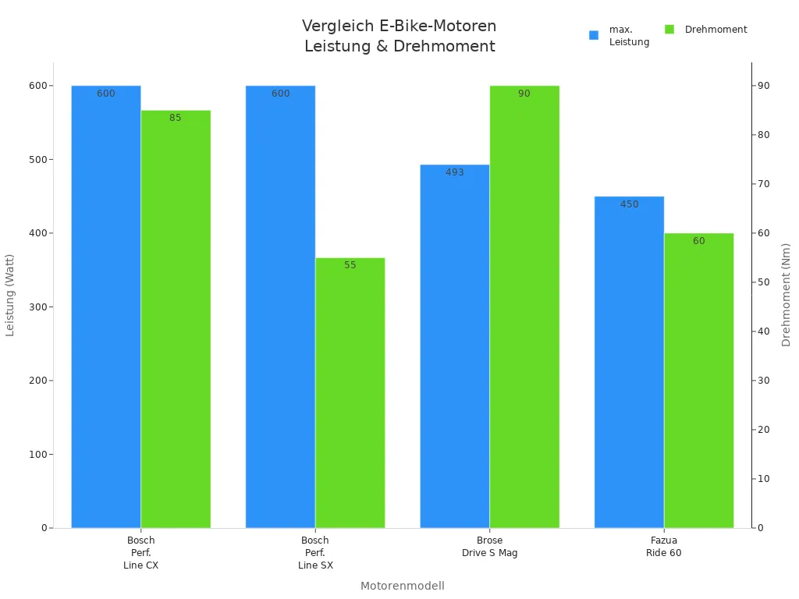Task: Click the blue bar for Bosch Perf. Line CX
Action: [106, 312]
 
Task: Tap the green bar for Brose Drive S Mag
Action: [524, 312]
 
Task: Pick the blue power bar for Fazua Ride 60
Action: [629, 367]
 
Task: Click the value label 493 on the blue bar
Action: [455, 172]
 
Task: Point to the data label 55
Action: [350, 265]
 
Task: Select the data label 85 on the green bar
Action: [175, 118]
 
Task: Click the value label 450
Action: [629, 204]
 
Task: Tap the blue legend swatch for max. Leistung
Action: [594, 35]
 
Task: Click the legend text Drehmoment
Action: [716, 30]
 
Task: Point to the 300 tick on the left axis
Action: [37, 307]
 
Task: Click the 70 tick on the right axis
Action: [763, 184]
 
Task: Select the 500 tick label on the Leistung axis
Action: [37, 160]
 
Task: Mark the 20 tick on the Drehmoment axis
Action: [763, 430]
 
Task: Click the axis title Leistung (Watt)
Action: [10, 295]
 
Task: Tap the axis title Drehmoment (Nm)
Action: [786, 295]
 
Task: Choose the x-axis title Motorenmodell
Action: [402, 586]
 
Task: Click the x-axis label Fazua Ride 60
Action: [664, 547]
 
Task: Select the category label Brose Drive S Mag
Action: [489, 547]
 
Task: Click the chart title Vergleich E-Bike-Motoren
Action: [399, 27]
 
